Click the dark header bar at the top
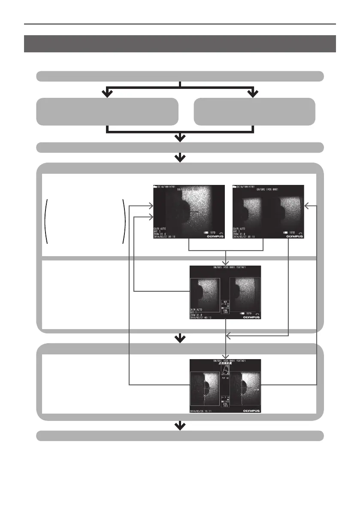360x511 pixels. click(x=180, y=43)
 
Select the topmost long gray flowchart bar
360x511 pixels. click(x=180, y=76)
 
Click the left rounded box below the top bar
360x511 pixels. click(x=107, y=112)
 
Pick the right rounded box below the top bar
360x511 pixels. click(x=254, y=112)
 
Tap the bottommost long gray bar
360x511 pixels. click(x=180, y=435)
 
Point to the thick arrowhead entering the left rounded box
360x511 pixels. click(x=107, y=93)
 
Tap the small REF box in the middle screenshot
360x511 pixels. click(x=225, y=303)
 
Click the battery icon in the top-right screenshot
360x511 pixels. click(x=286, y=232)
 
